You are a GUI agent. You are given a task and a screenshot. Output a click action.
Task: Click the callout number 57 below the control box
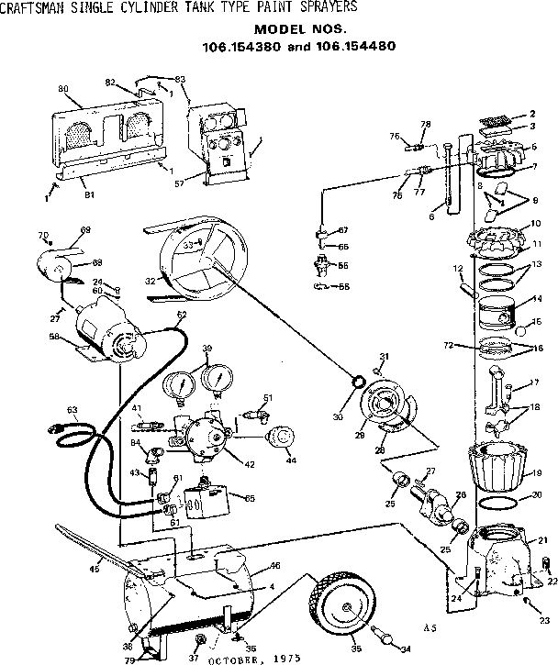click(x=193, y=183)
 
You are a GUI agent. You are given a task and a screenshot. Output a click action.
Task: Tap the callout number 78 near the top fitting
click(x=424, y=124)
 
